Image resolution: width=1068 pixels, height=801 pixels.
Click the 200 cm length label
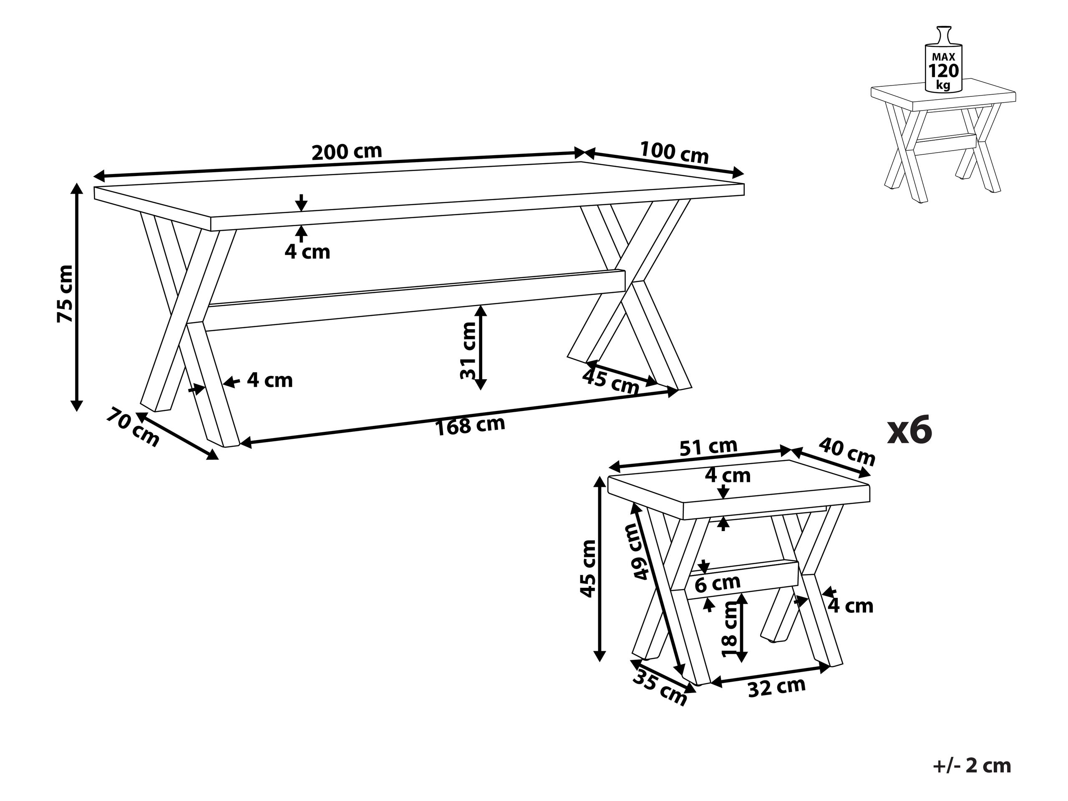347,151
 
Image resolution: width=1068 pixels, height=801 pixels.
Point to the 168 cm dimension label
470,426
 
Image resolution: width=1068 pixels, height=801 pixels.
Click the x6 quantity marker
909,431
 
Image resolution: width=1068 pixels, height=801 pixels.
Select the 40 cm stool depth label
847,451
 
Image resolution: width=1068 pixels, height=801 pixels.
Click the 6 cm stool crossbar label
718,584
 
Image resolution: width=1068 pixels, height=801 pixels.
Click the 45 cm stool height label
587,569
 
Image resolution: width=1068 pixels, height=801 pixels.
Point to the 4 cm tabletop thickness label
307,252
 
